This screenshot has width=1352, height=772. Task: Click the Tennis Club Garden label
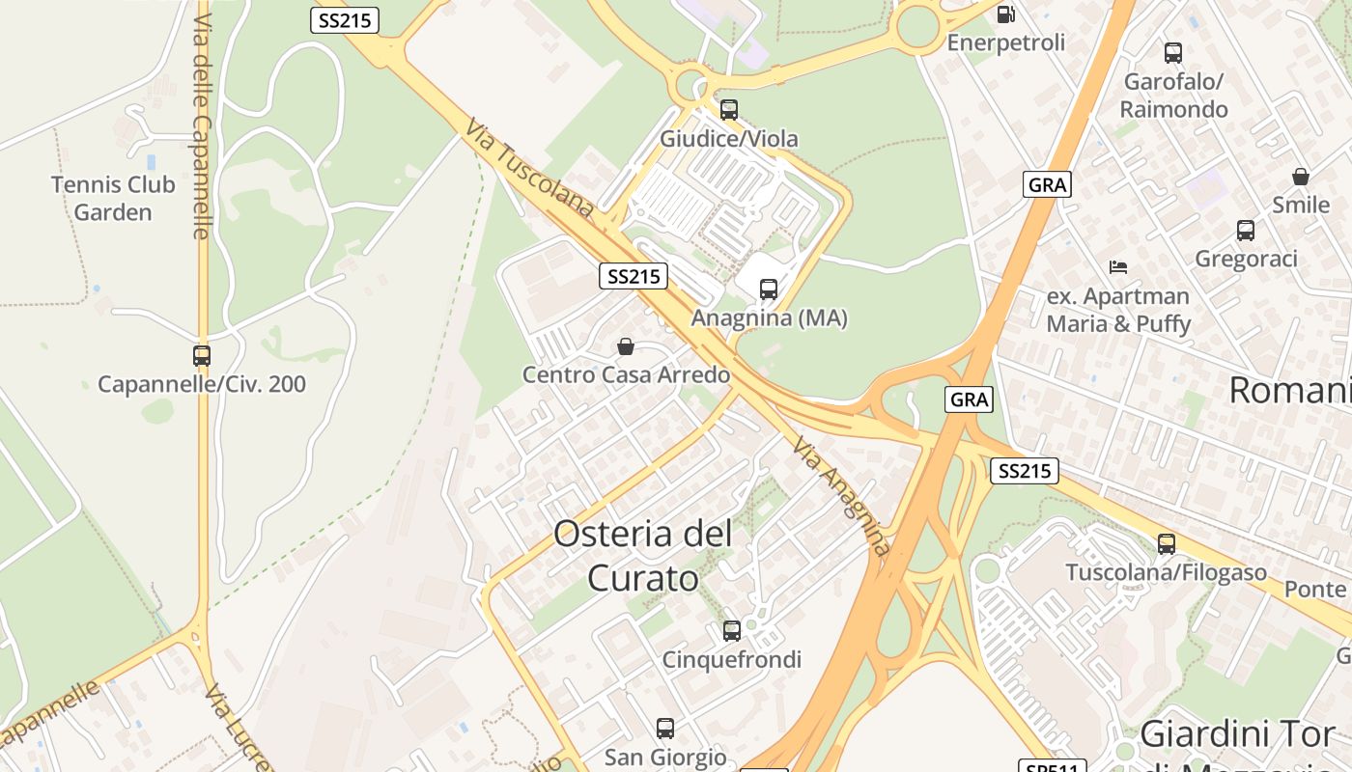click(113, 199)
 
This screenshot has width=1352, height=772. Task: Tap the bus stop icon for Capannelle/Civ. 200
click(201, 356)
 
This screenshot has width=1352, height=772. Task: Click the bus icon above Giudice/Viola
click(729, 110)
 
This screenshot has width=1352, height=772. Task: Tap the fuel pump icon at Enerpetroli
click(1005, 14)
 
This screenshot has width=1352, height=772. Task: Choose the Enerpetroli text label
click(1005, 42)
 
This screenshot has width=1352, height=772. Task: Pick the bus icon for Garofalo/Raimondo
click(1173, 53)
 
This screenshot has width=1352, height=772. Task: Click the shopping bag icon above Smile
click(1301, 177)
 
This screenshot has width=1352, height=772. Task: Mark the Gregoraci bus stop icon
click(1246, 231)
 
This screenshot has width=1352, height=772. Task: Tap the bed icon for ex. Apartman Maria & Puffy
click(1118, 266)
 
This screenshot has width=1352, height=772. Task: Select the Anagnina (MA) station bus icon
click(769, 289)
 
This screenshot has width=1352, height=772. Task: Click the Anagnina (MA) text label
click(770, 317)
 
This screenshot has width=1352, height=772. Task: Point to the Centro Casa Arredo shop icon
click(626, 345)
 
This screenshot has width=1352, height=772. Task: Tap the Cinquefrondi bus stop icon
click(732, 631)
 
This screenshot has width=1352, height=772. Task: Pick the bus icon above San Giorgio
click(665, 729)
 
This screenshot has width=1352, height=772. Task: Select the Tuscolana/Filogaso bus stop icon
click(1167, 544)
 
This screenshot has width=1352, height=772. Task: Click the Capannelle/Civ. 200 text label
click(202, 384)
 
